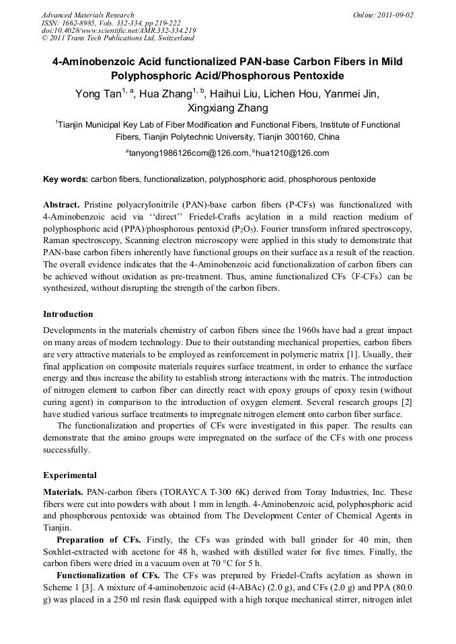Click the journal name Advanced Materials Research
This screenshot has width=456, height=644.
(87, 15)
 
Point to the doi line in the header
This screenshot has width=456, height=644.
(118, 31)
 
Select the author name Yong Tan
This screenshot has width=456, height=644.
(96, 93)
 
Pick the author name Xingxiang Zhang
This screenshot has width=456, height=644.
(227, 108)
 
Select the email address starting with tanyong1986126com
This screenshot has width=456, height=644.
(190, 153)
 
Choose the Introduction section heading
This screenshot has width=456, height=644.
(68, 314)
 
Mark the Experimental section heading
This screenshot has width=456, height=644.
(70, 475)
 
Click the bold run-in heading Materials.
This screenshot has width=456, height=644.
(65, 492)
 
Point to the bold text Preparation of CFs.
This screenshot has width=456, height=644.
(98, 540)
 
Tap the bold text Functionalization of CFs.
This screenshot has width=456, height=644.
(108, 576)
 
